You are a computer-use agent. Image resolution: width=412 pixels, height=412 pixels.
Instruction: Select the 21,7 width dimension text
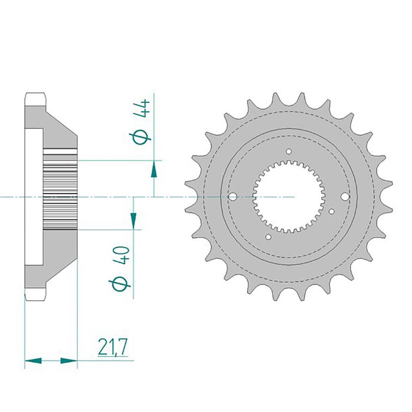pos(113,346)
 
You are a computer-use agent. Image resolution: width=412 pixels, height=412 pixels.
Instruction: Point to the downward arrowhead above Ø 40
pos(134,220)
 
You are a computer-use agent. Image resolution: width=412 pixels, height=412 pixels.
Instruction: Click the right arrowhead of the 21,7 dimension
pos(69,360)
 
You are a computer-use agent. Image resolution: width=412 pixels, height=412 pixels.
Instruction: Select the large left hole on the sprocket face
pos(233,196)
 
